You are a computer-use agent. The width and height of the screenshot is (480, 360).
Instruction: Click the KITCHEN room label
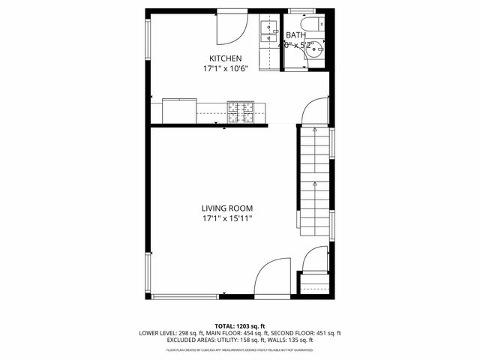tap(225, 58)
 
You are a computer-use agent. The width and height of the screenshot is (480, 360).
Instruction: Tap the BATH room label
tap(295, 35)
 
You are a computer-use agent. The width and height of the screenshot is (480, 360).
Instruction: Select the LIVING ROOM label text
tap(226, 208)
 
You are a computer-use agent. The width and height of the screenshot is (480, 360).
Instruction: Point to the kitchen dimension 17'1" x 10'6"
tap(225, 69)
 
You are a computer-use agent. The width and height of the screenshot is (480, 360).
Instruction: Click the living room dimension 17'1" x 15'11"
tap(226, 219)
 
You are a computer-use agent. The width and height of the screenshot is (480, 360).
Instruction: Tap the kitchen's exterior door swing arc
tap(232, 28)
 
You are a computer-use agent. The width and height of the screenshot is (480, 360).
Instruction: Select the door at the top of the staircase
tap(315, 111)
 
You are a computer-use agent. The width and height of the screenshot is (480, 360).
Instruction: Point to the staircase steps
tap(314, 180)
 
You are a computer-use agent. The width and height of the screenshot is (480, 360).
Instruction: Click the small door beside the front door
tap(315, 261)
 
